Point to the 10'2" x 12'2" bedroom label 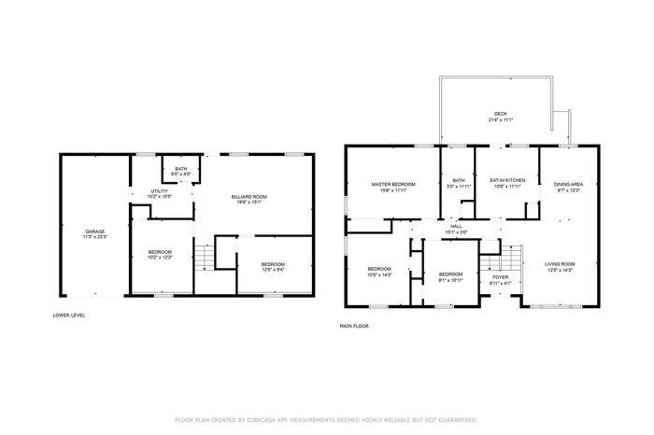coord(160,255)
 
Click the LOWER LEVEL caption coord(69,316)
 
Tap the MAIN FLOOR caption coord(354,326)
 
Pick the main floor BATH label coord(459,183)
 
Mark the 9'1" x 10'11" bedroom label coord(451,276)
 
